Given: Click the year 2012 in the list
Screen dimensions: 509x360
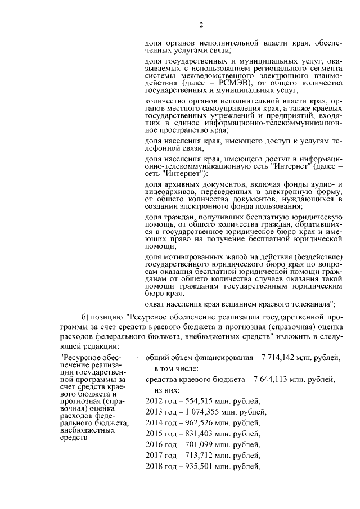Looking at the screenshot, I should (x=154, y=400).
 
